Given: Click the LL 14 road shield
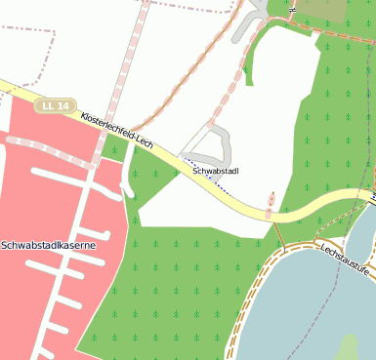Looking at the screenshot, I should point(55,104).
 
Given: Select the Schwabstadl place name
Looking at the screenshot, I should point(217,172).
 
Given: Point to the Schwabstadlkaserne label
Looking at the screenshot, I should point(48,245).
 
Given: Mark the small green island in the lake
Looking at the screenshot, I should point(347,346).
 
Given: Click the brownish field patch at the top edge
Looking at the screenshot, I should point(320,10).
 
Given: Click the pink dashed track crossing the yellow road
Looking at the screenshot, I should point(270,206).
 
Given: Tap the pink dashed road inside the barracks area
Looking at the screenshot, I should point(49,151).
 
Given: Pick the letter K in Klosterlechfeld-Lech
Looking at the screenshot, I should point(84,115).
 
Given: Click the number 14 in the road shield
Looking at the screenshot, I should point(63,104).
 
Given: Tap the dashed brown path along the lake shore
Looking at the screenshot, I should point(256,293).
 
